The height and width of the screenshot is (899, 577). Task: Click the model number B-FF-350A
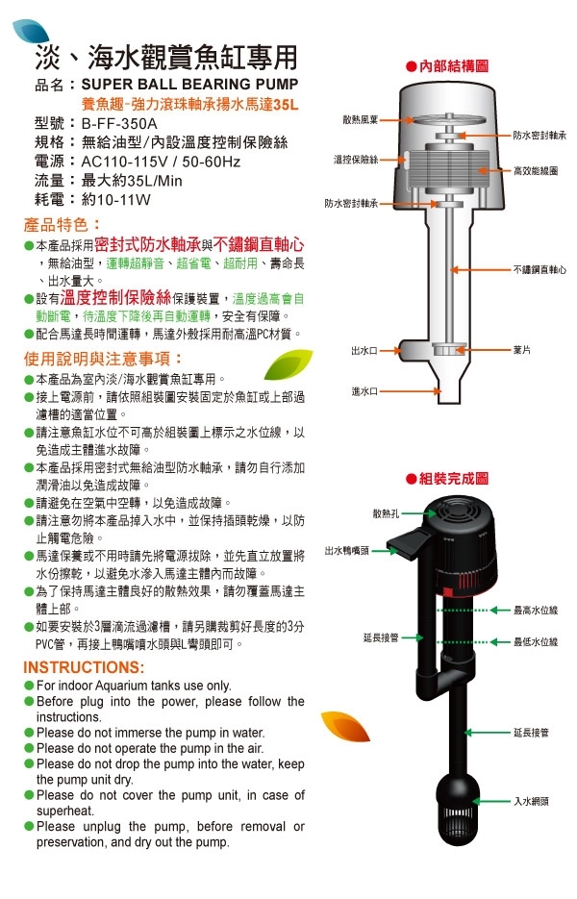119,123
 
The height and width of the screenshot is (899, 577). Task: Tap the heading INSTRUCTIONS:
84,667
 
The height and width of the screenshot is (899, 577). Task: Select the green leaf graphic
288,364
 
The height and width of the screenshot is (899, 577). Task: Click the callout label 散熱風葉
361,120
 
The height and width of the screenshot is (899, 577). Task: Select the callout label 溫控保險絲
356,160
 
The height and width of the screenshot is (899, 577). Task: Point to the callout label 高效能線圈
536,170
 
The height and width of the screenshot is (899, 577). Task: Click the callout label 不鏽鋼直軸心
539,269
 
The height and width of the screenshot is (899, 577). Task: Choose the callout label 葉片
522,350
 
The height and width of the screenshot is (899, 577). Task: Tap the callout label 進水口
364,391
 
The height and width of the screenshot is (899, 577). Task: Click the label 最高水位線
536,610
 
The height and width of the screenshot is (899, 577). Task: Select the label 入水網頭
531,802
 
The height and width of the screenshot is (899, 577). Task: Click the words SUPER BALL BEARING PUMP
189,85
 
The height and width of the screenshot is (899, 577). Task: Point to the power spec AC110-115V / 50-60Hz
162,162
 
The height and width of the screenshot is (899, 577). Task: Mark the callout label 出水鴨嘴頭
346,551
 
